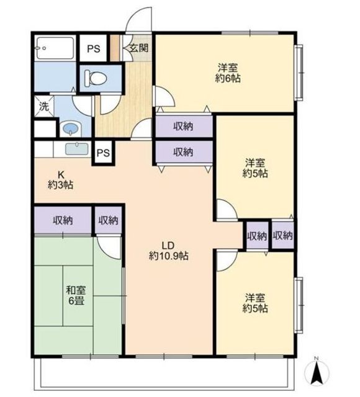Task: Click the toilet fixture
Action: pyautogui.click(x=95, y=78)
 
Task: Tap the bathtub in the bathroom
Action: pyautogui.click(x=55, y=48)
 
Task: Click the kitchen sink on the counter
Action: pyautogui.click(x=77, y=149)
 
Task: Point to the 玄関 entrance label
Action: pyautogui.click(x=138, y=48)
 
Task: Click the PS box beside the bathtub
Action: pyautogui.click(x=94, y=48)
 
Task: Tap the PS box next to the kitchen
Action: pyautogui.click(x=104, y=153)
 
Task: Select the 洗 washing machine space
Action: pyautogui.click(x=44, y=106)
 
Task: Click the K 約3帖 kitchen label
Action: pyautogui.click(x=61, y=180)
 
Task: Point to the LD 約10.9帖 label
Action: pyautogui.click(x=168, y=251)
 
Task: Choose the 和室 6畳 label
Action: pyautogui.click(x=76, y=295)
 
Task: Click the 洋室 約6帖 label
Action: pyautogui.click(x=228, y=73)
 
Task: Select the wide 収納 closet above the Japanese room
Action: pyautogui.click(x=63, y=220)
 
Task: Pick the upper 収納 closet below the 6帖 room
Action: pyautogui.click(x=184, y=126)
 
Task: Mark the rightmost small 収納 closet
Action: pyautogui.click(x=283, y=236)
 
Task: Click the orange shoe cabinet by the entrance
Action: pyautogui.click(x=114, y=48)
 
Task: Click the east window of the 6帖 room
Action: pyautogui.click(x=299, y=73)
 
